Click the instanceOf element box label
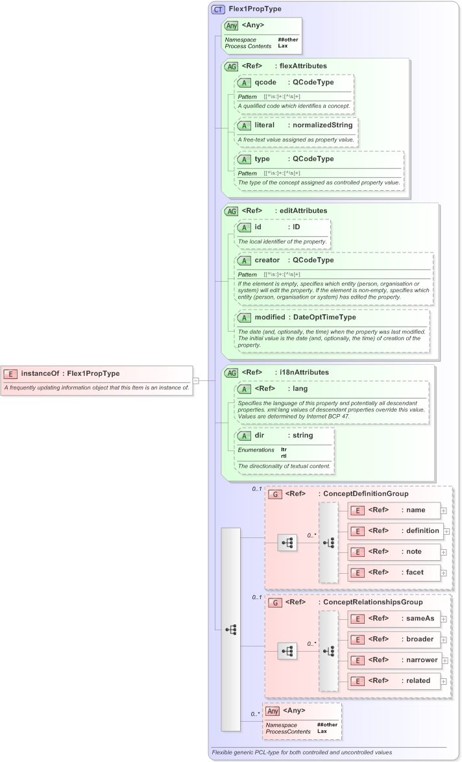(70, 373)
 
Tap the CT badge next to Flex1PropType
(218, 10)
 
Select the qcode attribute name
(265, 82)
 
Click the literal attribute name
(267, 125)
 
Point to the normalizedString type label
(322, 125)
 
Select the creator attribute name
(267, 260)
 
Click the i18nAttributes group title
(302, 372)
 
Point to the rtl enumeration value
(284, 456)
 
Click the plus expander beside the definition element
(445, 531)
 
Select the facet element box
(395, 572)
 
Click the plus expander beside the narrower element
(445, 660)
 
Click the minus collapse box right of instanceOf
(196, 380)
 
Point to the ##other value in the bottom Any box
(327, 724)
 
